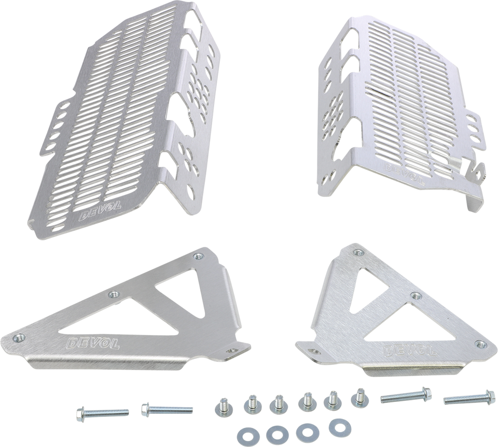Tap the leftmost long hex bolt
101,413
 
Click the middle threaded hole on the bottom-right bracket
413,296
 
